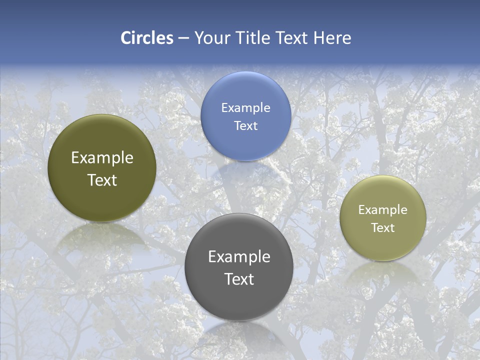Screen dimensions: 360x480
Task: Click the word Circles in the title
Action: pos(147,38)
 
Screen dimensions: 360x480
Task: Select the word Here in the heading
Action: pos(332,38)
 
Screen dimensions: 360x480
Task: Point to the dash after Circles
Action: pos(183,38)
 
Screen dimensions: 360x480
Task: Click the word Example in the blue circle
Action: pos(245,108)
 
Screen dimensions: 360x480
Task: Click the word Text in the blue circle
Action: pos(245,125)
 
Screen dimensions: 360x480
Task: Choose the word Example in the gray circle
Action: pos(239,257)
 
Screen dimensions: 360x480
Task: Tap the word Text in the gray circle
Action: pos(239,279)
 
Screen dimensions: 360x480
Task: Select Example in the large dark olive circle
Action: pos(102,158)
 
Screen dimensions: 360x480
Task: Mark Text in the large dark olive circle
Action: pos(102,180)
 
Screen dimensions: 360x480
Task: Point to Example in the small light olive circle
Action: pos(383,210)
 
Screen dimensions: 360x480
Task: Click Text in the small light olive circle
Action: pos(383,228)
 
